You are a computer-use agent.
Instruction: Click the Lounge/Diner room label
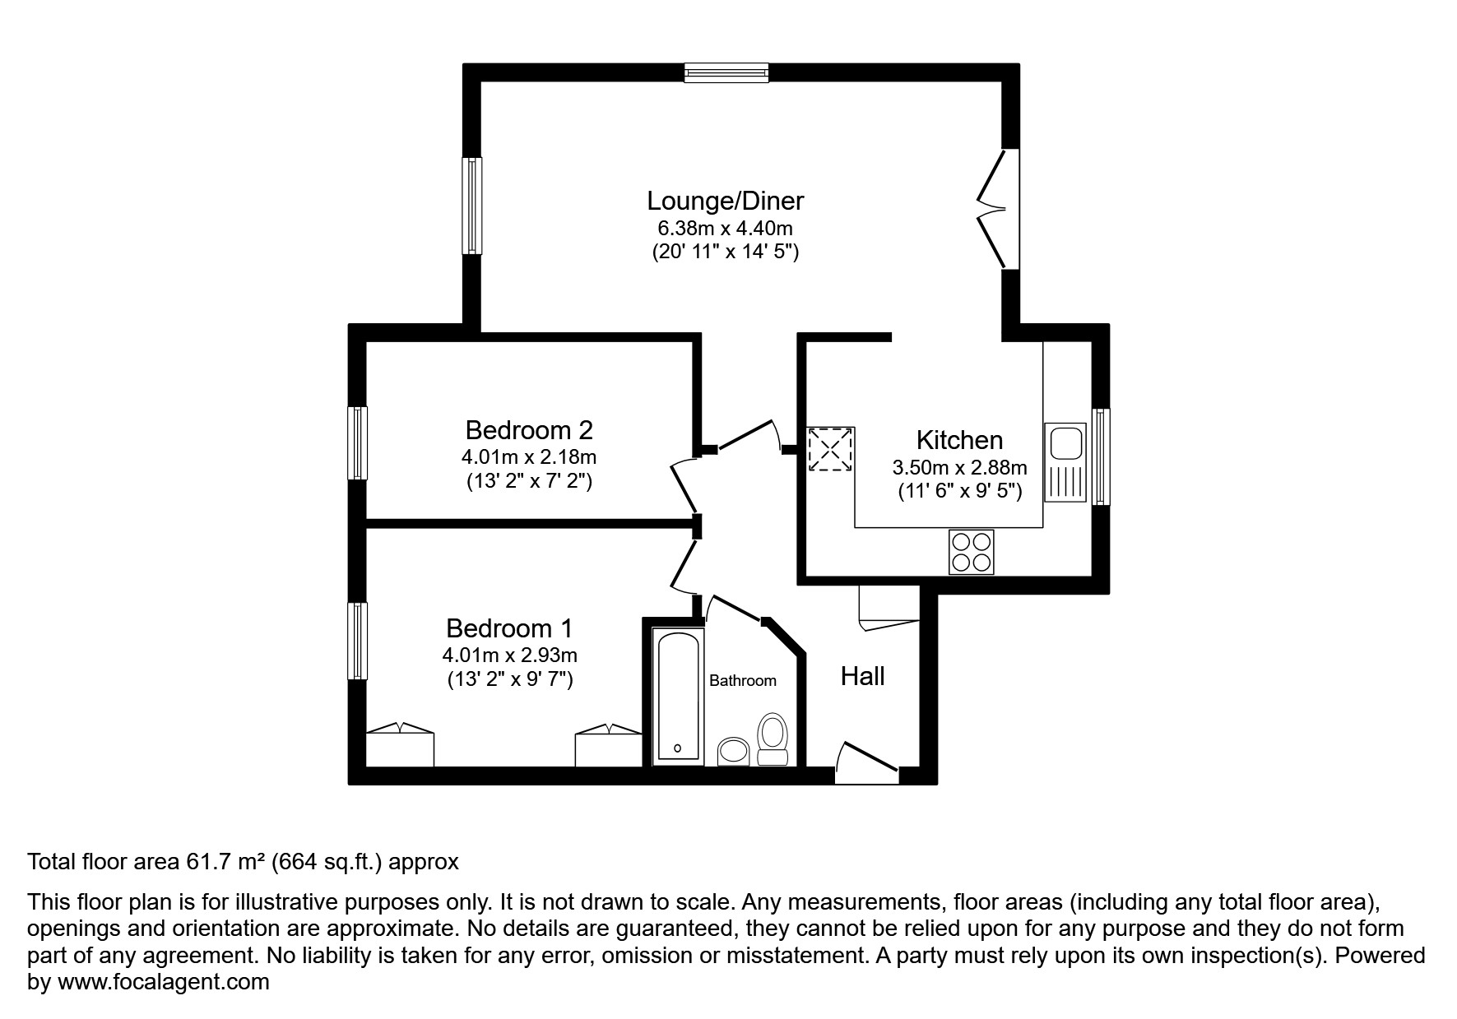click(725, 201)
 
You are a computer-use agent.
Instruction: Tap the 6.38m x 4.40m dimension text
click(725, 228)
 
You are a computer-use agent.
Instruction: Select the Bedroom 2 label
click(529, 430)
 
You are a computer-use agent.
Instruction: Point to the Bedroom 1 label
click(509, 628)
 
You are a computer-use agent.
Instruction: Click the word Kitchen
click(959, 440)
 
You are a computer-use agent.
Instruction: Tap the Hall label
click(862, 677)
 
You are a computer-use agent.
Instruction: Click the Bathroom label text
click(743, 681)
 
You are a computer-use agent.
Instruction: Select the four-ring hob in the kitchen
click(971, 552)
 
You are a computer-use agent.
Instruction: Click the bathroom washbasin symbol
click(732, 751)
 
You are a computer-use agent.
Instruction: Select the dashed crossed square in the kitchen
click(830, 450)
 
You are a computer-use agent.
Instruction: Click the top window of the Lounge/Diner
click(726, 73)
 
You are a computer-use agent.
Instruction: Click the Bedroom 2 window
click(357, 442)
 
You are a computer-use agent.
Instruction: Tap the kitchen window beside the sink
click(1100, 456)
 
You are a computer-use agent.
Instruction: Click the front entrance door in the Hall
click(866, 761)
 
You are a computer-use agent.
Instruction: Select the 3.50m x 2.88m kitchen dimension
click(959, 468)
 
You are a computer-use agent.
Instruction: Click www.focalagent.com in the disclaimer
click(163, 982)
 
